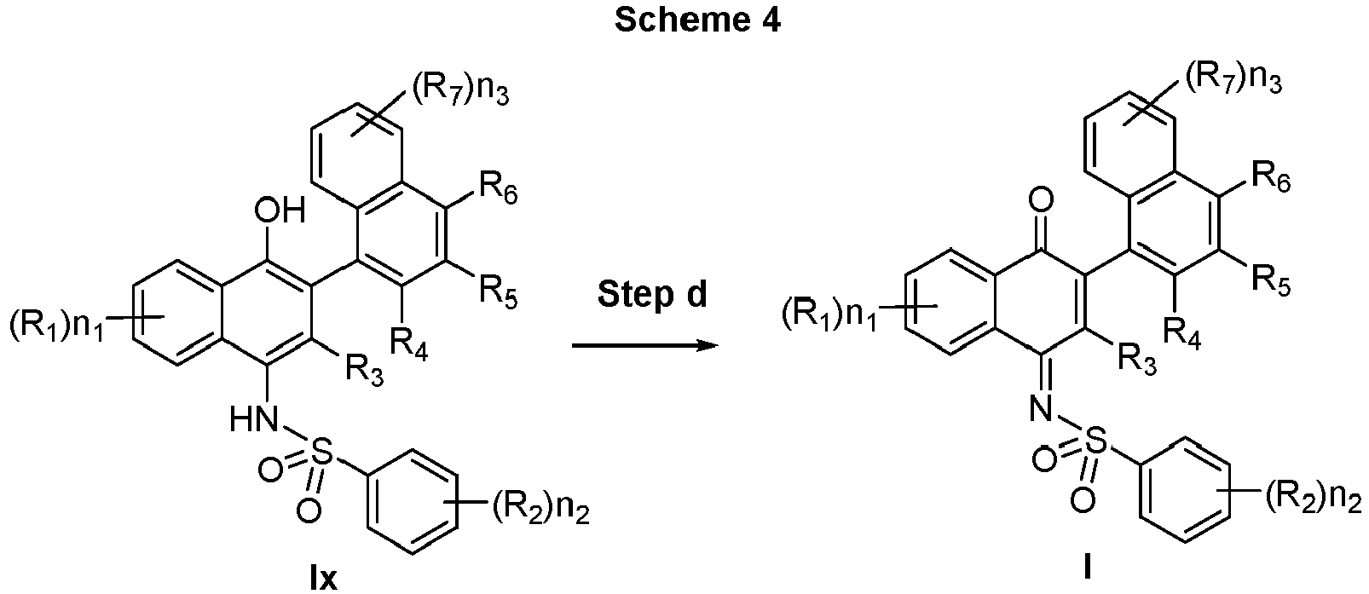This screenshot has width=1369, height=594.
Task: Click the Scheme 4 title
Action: point(697,20)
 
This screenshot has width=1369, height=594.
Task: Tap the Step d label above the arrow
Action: point(652,295)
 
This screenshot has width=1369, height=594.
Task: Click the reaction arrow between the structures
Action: point(644,346)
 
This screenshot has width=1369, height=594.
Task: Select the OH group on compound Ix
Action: point(280,211)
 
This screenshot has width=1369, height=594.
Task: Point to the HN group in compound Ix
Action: point(255,419)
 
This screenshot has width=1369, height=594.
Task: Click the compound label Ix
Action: point(323,578)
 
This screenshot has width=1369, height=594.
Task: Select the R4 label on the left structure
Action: point(409,344)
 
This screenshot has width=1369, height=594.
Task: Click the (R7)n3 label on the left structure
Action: point(460,92)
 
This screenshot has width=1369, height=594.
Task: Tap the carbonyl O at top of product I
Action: point(1041,199)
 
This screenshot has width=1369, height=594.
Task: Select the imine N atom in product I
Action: point(1042,407)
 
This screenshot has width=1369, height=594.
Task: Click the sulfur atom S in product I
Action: point(1097,441)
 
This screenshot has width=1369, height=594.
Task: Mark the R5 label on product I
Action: point(1272,281)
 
